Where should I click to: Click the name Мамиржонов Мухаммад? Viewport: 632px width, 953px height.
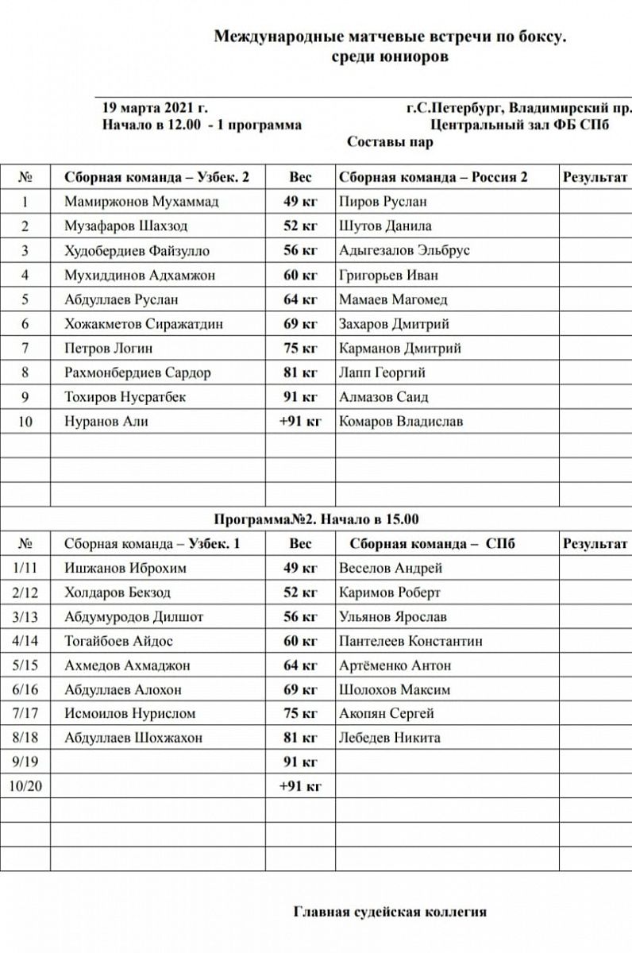141,202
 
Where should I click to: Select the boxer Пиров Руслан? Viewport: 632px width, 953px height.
383,202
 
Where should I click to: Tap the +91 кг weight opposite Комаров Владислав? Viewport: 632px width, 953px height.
300,422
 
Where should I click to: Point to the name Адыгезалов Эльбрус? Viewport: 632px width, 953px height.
404,251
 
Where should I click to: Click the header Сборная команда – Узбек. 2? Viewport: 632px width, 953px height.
156,177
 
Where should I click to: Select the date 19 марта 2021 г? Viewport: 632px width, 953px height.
156,107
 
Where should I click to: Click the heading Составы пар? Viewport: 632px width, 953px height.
391,142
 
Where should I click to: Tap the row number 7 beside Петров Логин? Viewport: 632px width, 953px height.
25,349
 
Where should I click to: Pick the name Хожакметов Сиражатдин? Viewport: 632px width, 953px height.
144,324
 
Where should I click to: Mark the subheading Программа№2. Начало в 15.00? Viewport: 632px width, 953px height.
315,519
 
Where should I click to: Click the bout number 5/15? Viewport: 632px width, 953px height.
25,666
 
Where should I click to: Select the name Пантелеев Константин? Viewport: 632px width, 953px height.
410,641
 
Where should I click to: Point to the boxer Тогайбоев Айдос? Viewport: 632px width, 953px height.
118,641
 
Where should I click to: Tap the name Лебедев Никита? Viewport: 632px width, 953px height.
389,738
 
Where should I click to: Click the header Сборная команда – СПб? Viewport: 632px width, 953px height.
432,544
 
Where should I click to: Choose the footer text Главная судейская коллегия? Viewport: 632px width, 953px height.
390,912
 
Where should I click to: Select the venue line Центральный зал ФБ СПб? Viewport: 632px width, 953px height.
520,125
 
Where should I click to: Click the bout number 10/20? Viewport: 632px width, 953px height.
25,786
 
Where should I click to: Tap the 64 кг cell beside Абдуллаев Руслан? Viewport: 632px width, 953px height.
300,299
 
